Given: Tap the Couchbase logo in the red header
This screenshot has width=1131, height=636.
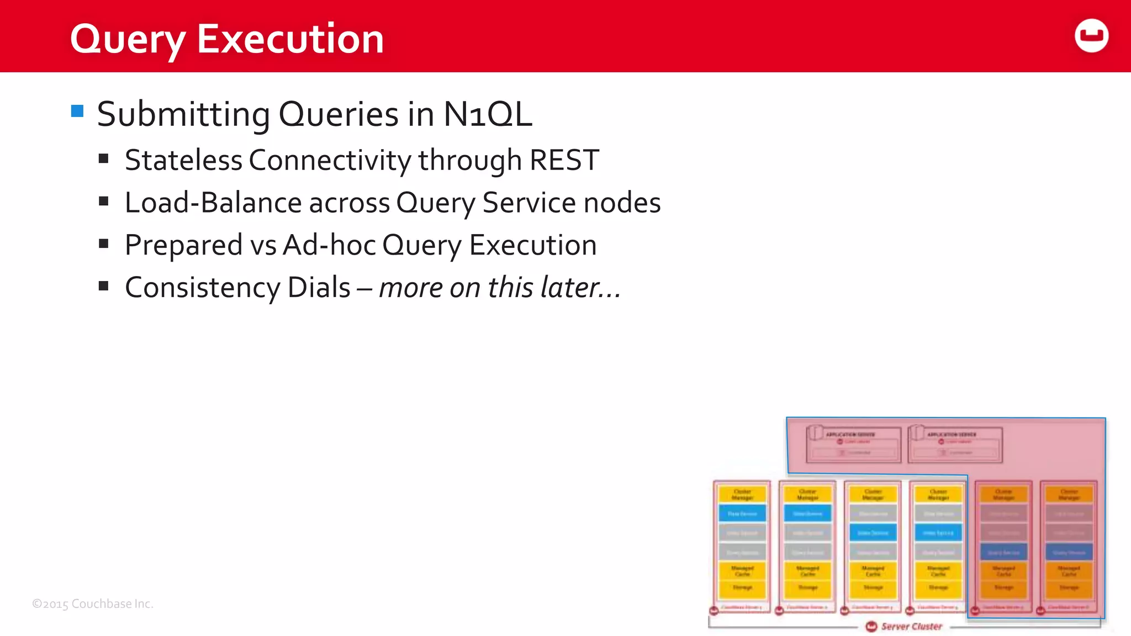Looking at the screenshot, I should coord(1091,36).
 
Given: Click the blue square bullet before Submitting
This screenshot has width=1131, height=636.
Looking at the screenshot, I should coord(77,112).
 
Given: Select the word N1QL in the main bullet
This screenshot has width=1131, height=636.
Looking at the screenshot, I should coord(488,114).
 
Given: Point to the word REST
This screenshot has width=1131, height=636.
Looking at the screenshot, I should coord(564,160).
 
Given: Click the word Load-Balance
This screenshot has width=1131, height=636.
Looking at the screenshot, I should coord(212,203).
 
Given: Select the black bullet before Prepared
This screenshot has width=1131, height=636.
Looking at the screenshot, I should coord(103,243).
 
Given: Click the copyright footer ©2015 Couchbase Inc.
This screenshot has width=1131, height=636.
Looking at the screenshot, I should coord(93,603).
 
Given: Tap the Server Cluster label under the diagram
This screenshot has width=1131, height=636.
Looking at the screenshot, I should coord(911,626).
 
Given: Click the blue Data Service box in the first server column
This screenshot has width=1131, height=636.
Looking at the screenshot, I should coord(742,513).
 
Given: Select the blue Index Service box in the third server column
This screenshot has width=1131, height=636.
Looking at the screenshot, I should coord(873,533).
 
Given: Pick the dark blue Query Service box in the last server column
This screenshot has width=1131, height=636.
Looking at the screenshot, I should coord(1069,552).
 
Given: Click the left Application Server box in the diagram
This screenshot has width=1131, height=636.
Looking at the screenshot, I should coord(853,444).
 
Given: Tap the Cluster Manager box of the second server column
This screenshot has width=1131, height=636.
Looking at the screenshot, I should coord(807,494).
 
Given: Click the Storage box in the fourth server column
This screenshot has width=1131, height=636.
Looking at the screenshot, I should coord(938,588).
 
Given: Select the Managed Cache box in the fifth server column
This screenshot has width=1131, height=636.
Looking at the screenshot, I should coord(1003,571).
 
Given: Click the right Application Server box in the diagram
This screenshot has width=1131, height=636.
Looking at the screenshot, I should coord(955,444).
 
